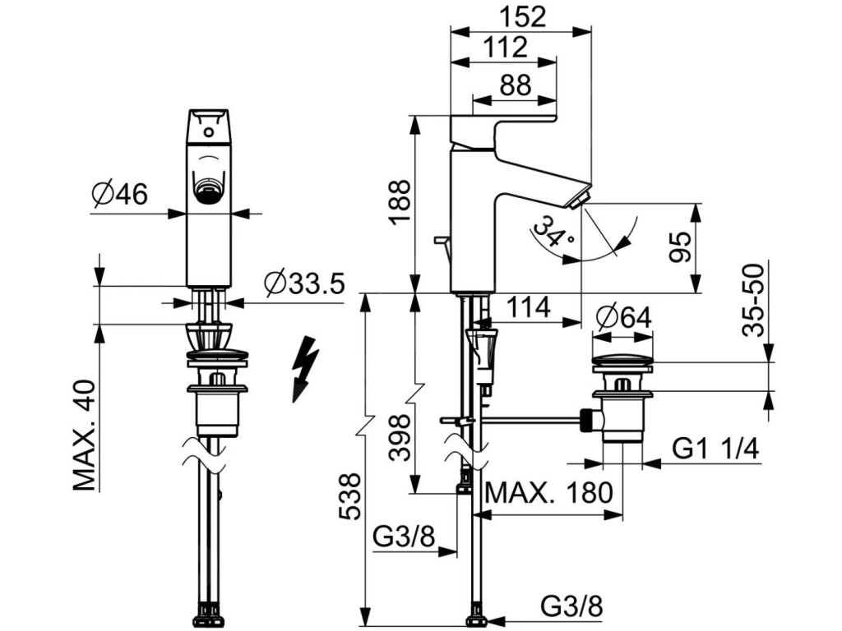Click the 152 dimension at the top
[x=522, y=17]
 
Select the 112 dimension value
[x=505, y=48]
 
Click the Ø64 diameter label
[x=622, y=315]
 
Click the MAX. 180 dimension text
[x=549, y=493]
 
